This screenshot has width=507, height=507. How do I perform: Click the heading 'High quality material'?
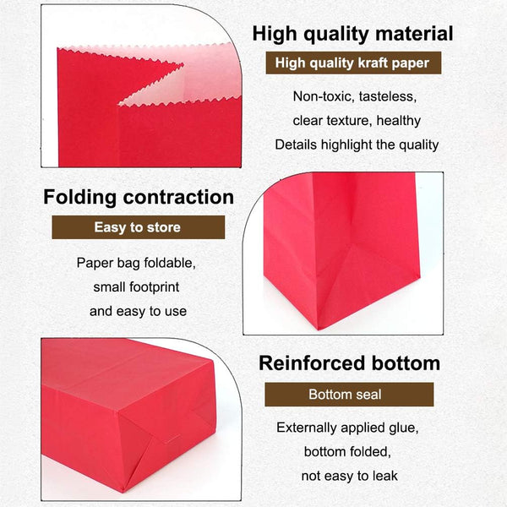point(352,34)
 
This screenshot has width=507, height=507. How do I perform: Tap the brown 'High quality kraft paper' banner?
point(353,63)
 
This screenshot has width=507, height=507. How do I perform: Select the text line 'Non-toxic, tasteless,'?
point(355,96)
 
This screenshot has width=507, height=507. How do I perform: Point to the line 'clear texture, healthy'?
point(357,121)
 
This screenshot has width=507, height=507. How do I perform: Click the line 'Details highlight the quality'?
point(357,144)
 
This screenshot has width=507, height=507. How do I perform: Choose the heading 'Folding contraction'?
point(139,197)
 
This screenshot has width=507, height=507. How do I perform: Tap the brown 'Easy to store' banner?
point(139,227)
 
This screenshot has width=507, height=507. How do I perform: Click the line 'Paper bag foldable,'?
point(136,263)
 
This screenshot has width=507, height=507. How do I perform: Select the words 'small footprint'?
point(136,287)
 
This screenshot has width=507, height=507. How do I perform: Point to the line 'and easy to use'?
point(138,311)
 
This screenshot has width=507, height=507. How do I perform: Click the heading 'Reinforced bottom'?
point(349,363)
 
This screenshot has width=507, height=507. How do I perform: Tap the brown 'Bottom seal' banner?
point(349,395)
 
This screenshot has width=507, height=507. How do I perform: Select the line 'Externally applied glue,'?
point(347,428)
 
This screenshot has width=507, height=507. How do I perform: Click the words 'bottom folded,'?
point(347,452)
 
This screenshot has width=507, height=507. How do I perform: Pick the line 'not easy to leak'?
point(350,476)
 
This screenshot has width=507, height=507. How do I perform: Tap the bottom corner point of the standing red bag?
point(319,330)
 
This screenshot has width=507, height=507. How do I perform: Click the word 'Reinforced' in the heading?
point(312,363)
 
